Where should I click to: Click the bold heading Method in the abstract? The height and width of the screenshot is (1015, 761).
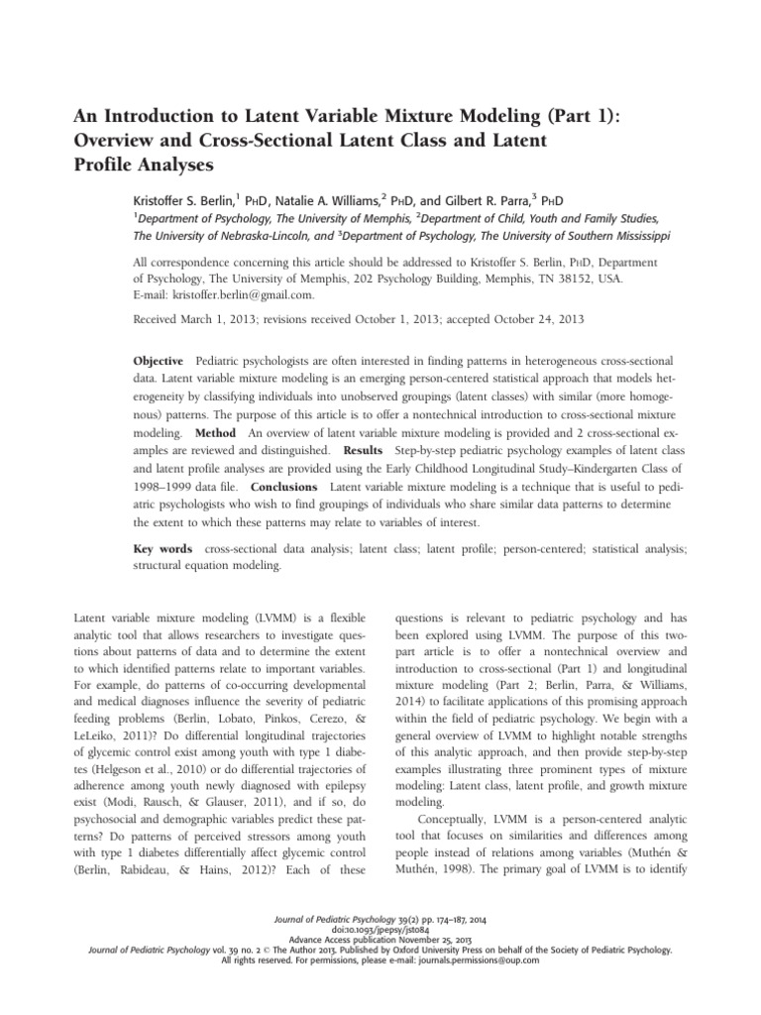215,434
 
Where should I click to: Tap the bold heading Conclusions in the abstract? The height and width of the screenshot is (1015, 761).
283,487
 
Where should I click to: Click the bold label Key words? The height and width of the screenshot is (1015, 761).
163,548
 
